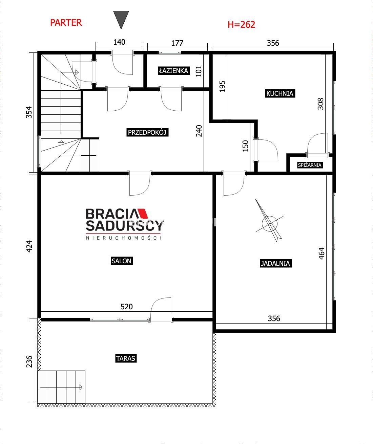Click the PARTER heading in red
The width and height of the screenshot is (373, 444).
click(x=66, y=23)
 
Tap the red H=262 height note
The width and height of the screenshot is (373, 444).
click(x=241, y=24)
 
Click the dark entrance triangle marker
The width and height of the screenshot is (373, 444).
click(x=121, y=20)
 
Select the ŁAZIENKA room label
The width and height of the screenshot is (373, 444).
click(x=174, y=71)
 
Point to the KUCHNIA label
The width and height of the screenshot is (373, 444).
click(x=280, y=93)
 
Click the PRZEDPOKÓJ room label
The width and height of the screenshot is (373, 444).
click(x=147, y=132)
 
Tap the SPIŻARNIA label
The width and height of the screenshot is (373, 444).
click(x=310, y=165)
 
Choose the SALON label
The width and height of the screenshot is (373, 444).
click(x=121, y=261)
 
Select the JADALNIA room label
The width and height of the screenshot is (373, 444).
click(x=275, y=263)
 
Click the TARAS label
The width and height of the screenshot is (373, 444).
click(x=126, y=358)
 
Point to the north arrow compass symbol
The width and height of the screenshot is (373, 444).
click(x=270, y=221)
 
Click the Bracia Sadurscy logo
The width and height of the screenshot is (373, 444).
click(x=124, y=224)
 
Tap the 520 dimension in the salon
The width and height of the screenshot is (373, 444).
click(x=127, y=307)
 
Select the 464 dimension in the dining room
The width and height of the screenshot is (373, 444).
click(x=322, y=253)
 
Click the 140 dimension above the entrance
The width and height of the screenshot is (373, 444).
click(x=119, y=42)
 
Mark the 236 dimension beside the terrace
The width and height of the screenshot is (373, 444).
click(x=29, y=361)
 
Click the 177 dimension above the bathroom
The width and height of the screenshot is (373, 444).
click(x=177, y=43)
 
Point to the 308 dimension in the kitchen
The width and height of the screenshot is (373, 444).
click(x=320, y=104)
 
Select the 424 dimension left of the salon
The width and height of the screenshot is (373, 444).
click(x=29, y=246)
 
